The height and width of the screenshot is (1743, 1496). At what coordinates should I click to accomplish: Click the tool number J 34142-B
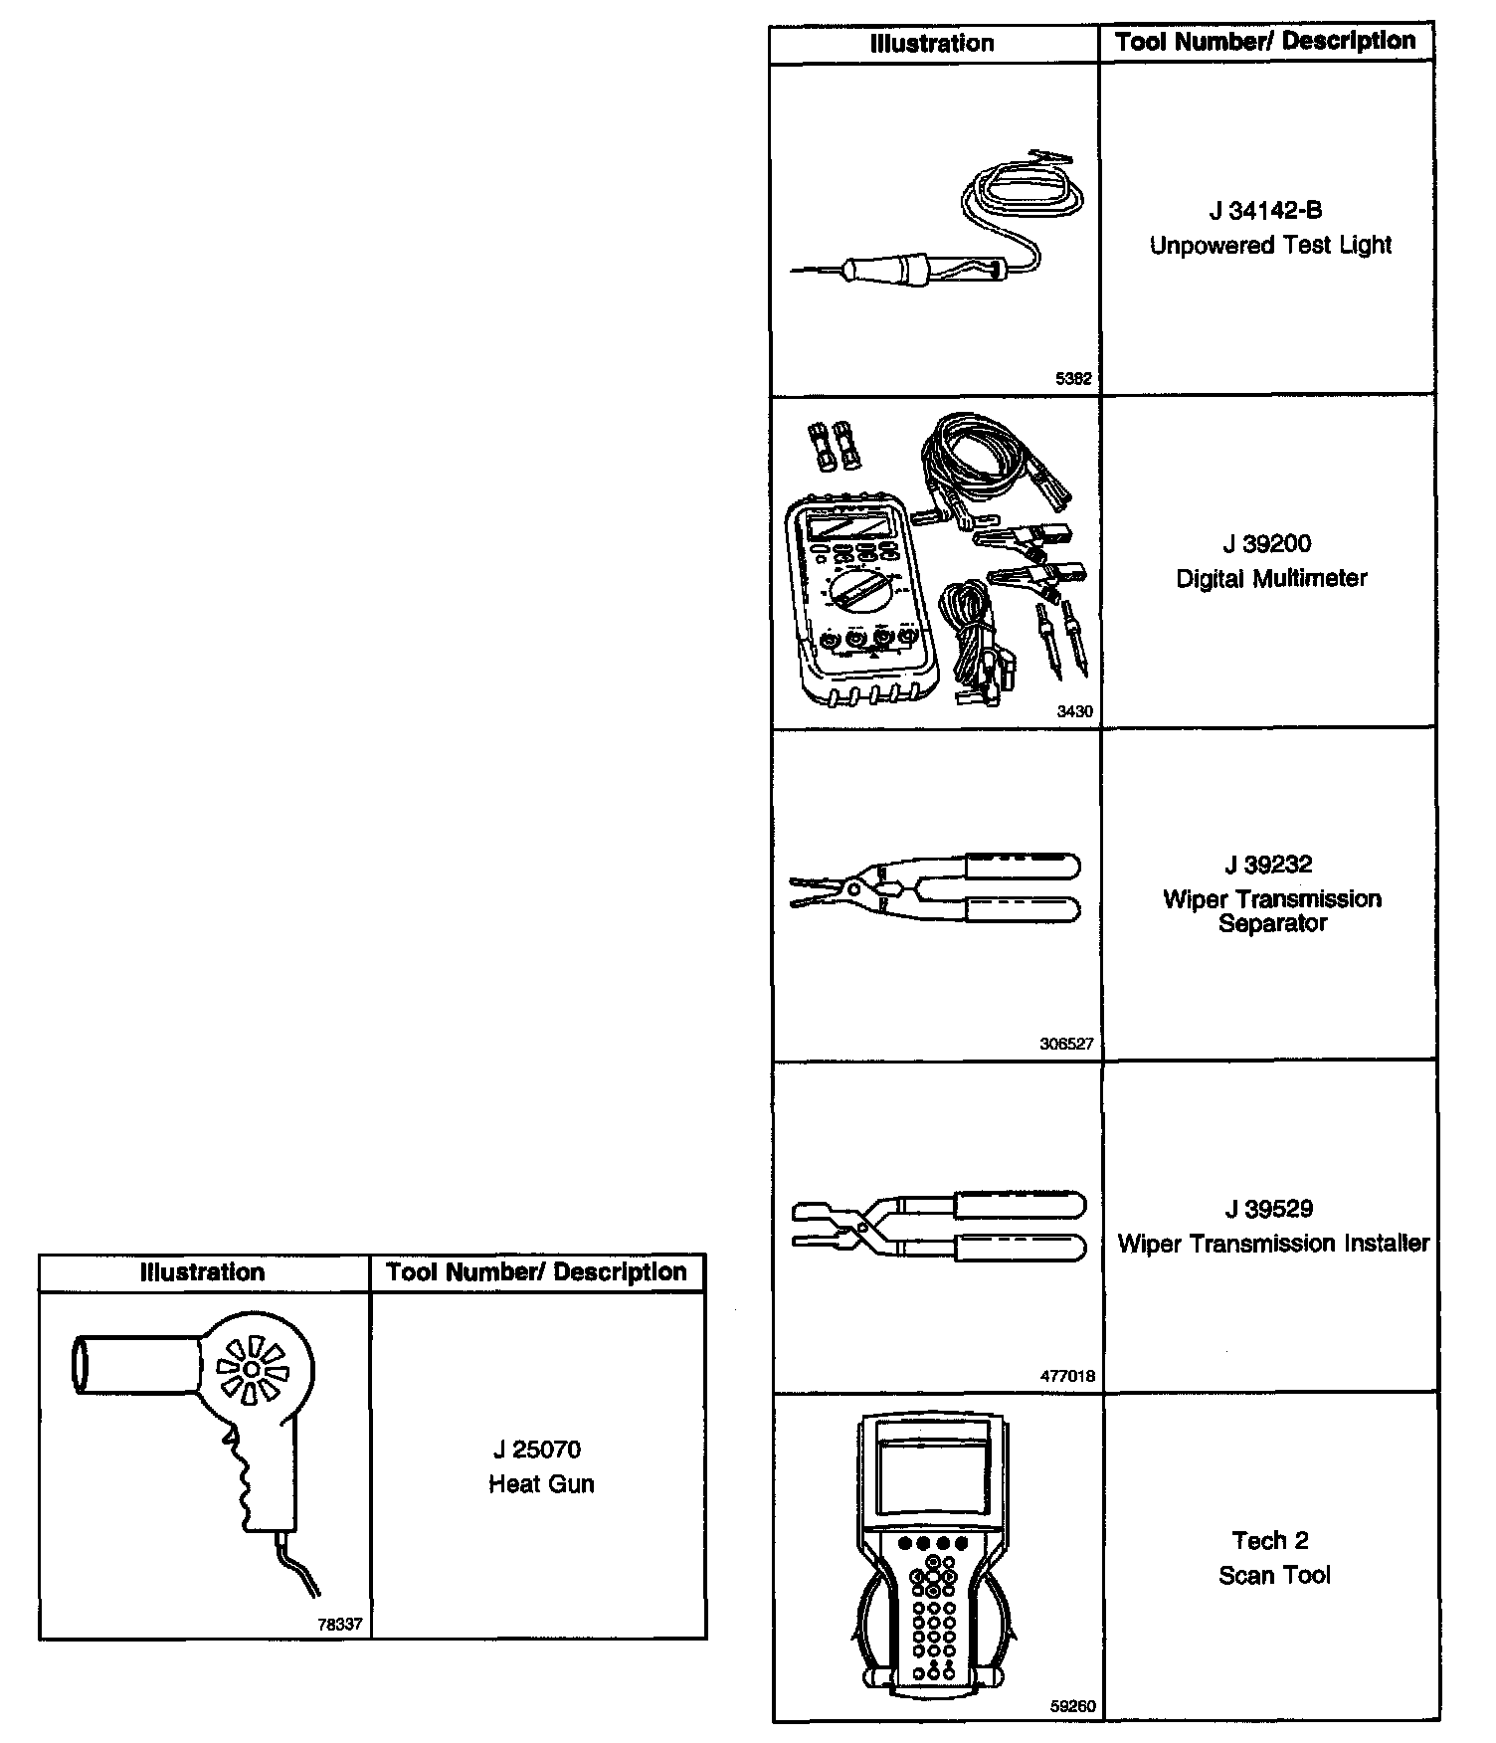[1265, 211]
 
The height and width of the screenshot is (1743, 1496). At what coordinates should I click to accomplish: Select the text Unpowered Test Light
[1270, 246]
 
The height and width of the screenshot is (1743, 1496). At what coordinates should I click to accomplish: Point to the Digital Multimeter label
[1271, 579]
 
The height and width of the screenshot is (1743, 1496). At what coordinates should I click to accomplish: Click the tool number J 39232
[1268, 865]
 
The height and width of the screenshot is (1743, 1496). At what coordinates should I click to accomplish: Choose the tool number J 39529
[1268, 1209]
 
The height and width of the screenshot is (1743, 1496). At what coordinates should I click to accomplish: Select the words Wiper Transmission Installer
[1273, 1244]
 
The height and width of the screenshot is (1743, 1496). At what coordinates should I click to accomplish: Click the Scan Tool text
[1274, 1575]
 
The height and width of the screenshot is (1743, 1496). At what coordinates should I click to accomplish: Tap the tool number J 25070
[537, 1450]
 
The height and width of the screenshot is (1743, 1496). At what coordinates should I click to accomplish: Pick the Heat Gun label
[541, 1484]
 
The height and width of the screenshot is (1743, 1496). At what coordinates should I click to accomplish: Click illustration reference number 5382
[1073, 379]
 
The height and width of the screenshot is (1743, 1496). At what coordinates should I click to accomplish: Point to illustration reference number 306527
[1066, 1044]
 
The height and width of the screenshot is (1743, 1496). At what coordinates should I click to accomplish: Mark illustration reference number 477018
[1067, 1376]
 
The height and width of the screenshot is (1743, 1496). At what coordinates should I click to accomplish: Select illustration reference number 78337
[340, 1624]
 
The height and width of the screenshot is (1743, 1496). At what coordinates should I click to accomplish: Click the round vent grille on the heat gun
[252, 1371]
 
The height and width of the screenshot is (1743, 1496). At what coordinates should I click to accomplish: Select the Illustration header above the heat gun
[203, 1272]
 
